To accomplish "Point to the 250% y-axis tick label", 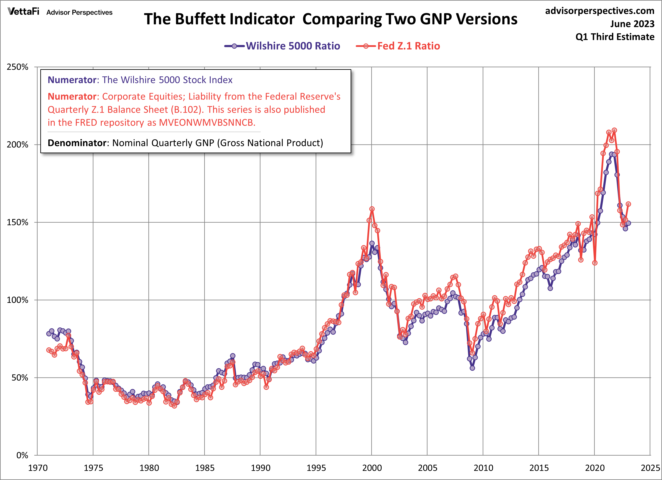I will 18,67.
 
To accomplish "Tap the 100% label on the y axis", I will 18,300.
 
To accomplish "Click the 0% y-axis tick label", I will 22,455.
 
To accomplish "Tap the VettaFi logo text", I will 23,12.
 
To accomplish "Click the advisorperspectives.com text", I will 600,11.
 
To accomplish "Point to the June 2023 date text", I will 632,24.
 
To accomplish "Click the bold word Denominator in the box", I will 77,143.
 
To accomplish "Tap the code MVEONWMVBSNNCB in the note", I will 207,123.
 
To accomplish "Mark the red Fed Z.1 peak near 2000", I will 372,209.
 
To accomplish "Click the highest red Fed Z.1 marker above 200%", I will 614,130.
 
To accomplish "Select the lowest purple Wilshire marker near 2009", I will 472,368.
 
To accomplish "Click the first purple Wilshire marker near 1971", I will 49,334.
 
